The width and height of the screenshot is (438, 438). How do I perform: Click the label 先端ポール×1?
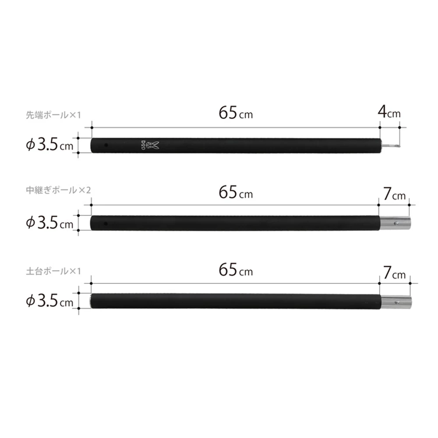tap(54, 116)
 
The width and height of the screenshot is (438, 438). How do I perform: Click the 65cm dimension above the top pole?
tap(235, 113)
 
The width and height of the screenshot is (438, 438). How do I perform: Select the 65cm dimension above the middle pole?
tap(235, 193)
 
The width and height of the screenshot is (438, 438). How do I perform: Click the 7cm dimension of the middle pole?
tap(394, 194)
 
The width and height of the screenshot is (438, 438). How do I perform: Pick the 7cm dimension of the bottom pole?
tap(394, 273)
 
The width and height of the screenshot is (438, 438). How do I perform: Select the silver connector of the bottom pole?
tap(395, 301)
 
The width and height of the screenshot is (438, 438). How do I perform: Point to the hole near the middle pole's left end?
tap(106, 223)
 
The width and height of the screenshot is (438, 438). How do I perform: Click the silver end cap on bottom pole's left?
tap(92, 301)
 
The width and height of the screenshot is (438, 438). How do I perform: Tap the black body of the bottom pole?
tap(237, 301)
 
